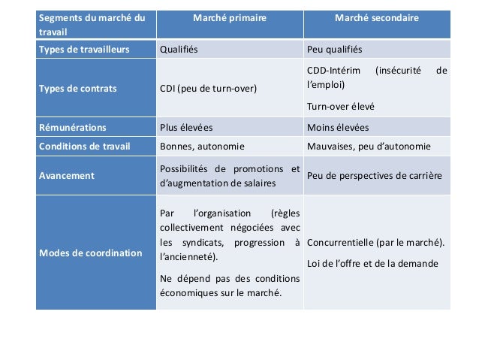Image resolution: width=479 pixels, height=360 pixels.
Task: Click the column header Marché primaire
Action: click(x=230, y=17)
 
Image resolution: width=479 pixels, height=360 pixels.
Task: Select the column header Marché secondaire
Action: click(x=377, y=17)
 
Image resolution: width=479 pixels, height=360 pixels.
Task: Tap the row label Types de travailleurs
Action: click(x=84, y=50)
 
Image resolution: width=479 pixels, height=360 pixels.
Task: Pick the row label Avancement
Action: click(x=67, y=175)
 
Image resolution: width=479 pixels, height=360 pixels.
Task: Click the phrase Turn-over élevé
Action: click(x=341, y=106)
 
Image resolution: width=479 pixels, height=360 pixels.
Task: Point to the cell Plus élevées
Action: click(x=186, y=127)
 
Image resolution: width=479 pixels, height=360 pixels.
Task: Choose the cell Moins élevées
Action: click(x=339, y=127)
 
